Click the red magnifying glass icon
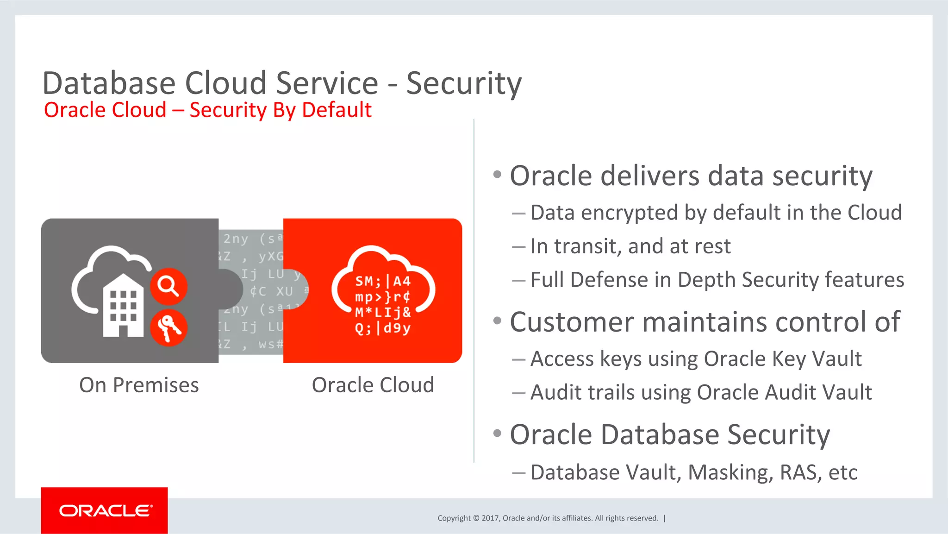click(168, 286)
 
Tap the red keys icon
click(168, 327)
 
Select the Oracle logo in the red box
click(105, 510)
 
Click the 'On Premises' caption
click(139, 385)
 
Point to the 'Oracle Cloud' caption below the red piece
click(373, 385)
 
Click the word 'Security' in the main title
click(464, 83)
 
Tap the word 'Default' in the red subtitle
click(337, 110)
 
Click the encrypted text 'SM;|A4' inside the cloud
click(383, 281)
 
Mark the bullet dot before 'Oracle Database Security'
click(498, 433)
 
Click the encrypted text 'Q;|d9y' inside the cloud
click(383, 328)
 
